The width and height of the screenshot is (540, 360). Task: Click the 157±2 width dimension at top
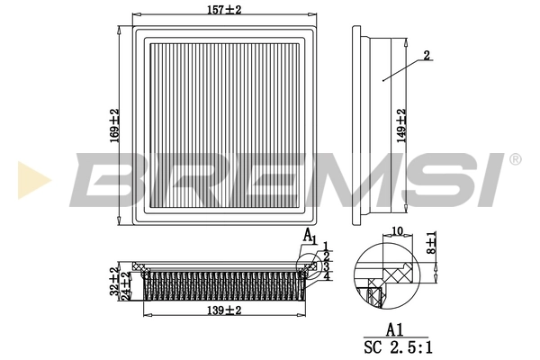tap(226, 11)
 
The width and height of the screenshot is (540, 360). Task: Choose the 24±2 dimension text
tap(126, 288)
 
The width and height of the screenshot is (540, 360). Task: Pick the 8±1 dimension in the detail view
tap(433, 242)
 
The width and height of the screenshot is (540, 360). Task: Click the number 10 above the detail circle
tap(397, 231)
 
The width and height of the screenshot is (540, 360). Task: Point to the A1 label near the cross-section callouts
tap(309, 237)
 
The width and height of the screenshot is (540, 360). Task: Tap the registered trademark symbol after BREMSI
tap(515, 159)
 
